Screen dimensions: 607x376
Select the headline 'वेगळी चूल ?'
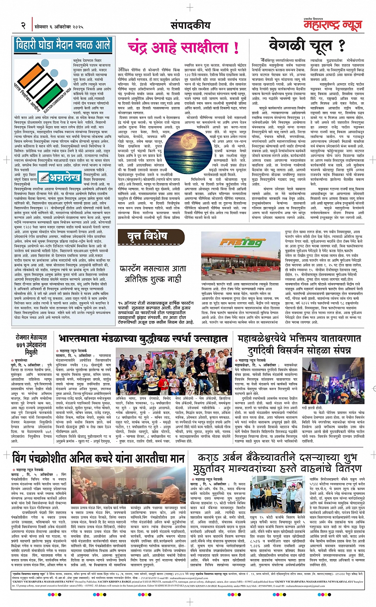[x=306, y=45]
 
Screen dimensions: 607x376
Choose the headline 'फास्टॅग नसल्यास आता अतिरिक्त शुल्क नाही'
[x=152, y=274]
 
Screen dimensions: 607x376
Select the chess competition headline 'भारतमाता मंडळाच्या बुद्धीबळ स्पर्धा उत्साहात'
[x=143, y=339]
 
